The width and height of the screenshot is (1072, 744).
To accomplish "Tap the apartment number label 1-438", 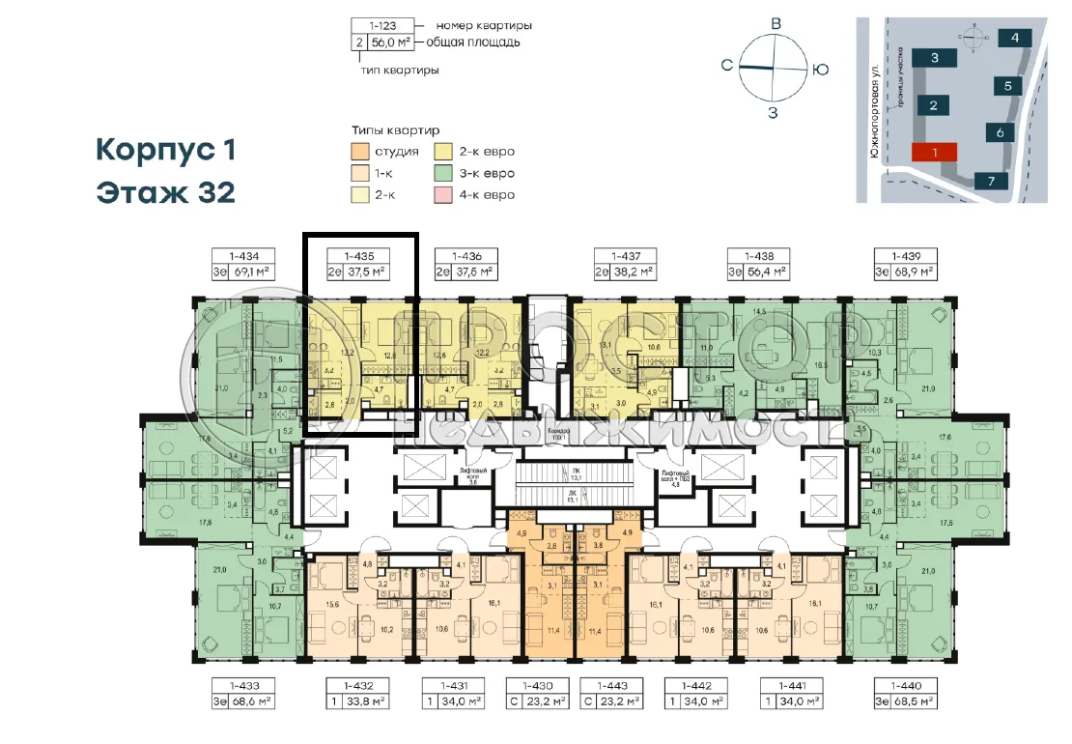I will coord(757,256).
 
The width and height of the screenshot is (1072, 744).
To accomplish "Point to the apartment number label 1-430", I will coord(537,685).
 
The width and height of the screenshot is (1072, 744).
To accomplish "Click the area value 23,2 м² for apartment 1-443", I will coord(618,701).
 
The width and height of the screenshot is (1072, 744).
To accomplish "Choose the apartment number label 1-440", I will coord(905,685).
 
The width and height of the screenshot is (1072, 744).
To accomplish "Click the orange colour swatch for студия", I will coord(360,152).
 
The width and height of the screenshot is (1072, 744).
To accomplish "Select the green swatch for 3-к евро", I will coord(446,174).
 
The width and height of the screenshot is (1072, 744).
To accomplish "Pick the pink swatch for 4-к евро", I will coord(446,195).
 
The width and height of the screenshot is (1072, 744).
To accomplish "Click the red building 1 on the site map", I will coord(934,152).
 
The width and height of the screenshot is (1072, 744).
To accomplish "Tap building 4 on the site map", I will coord(1015,39).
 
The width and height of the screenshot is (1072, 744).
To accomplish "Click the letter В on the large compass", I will coord(774,24).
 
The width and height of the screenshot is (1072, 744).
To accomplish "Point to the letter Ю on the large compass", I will coord(819,69).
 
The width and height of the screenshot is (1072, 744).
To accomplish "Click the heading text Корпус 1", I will coord(165,151).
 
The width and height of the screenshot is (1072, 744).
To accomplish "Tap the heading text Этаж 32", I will coord(165,191).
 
